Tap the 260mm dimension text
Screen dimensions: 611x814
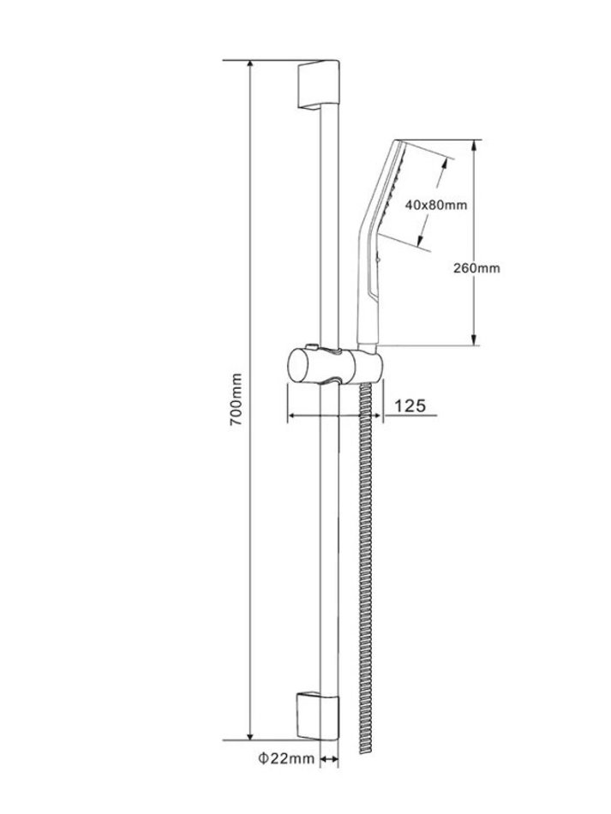point(476,268)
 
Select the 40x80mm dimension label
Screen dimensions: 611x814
point(436,205)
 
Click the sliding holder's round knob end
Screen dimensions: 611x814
point(297,367)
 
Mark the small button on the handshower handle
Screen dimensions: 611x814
point(380,255)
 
